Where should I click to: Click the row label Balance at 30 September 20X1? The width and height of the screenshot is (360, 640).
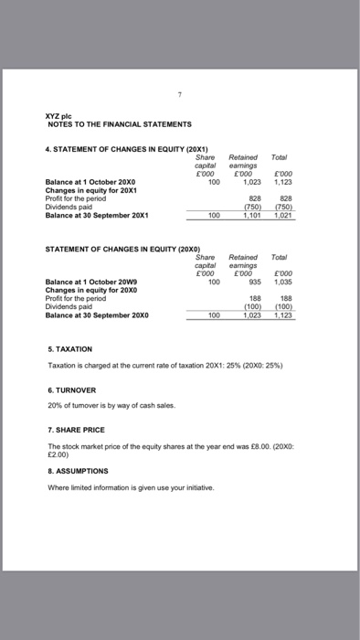pyautogui.click(x=98, y=215)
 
